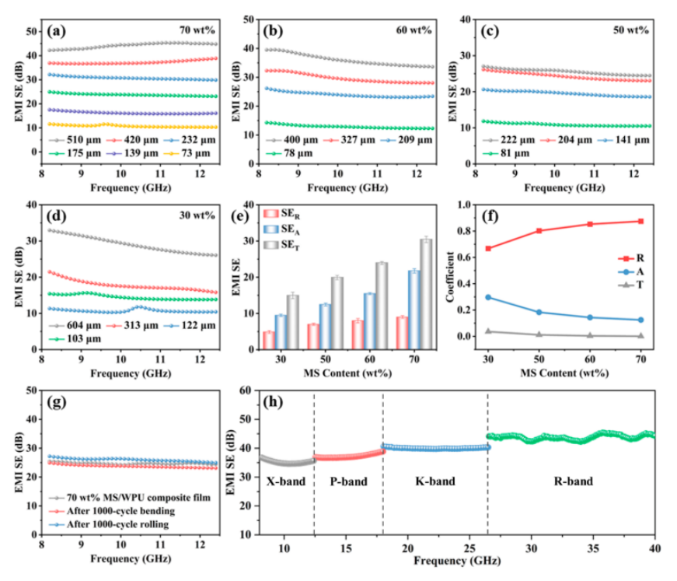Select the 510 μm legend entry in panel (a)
click(72, 142)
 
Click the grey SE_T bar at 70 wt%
click(425, 294)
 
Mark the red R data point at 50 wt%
click(539, 230)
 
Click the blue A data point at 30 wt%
click(487, 297)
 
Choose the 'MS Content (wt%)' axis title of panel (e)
click(347, 373)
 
